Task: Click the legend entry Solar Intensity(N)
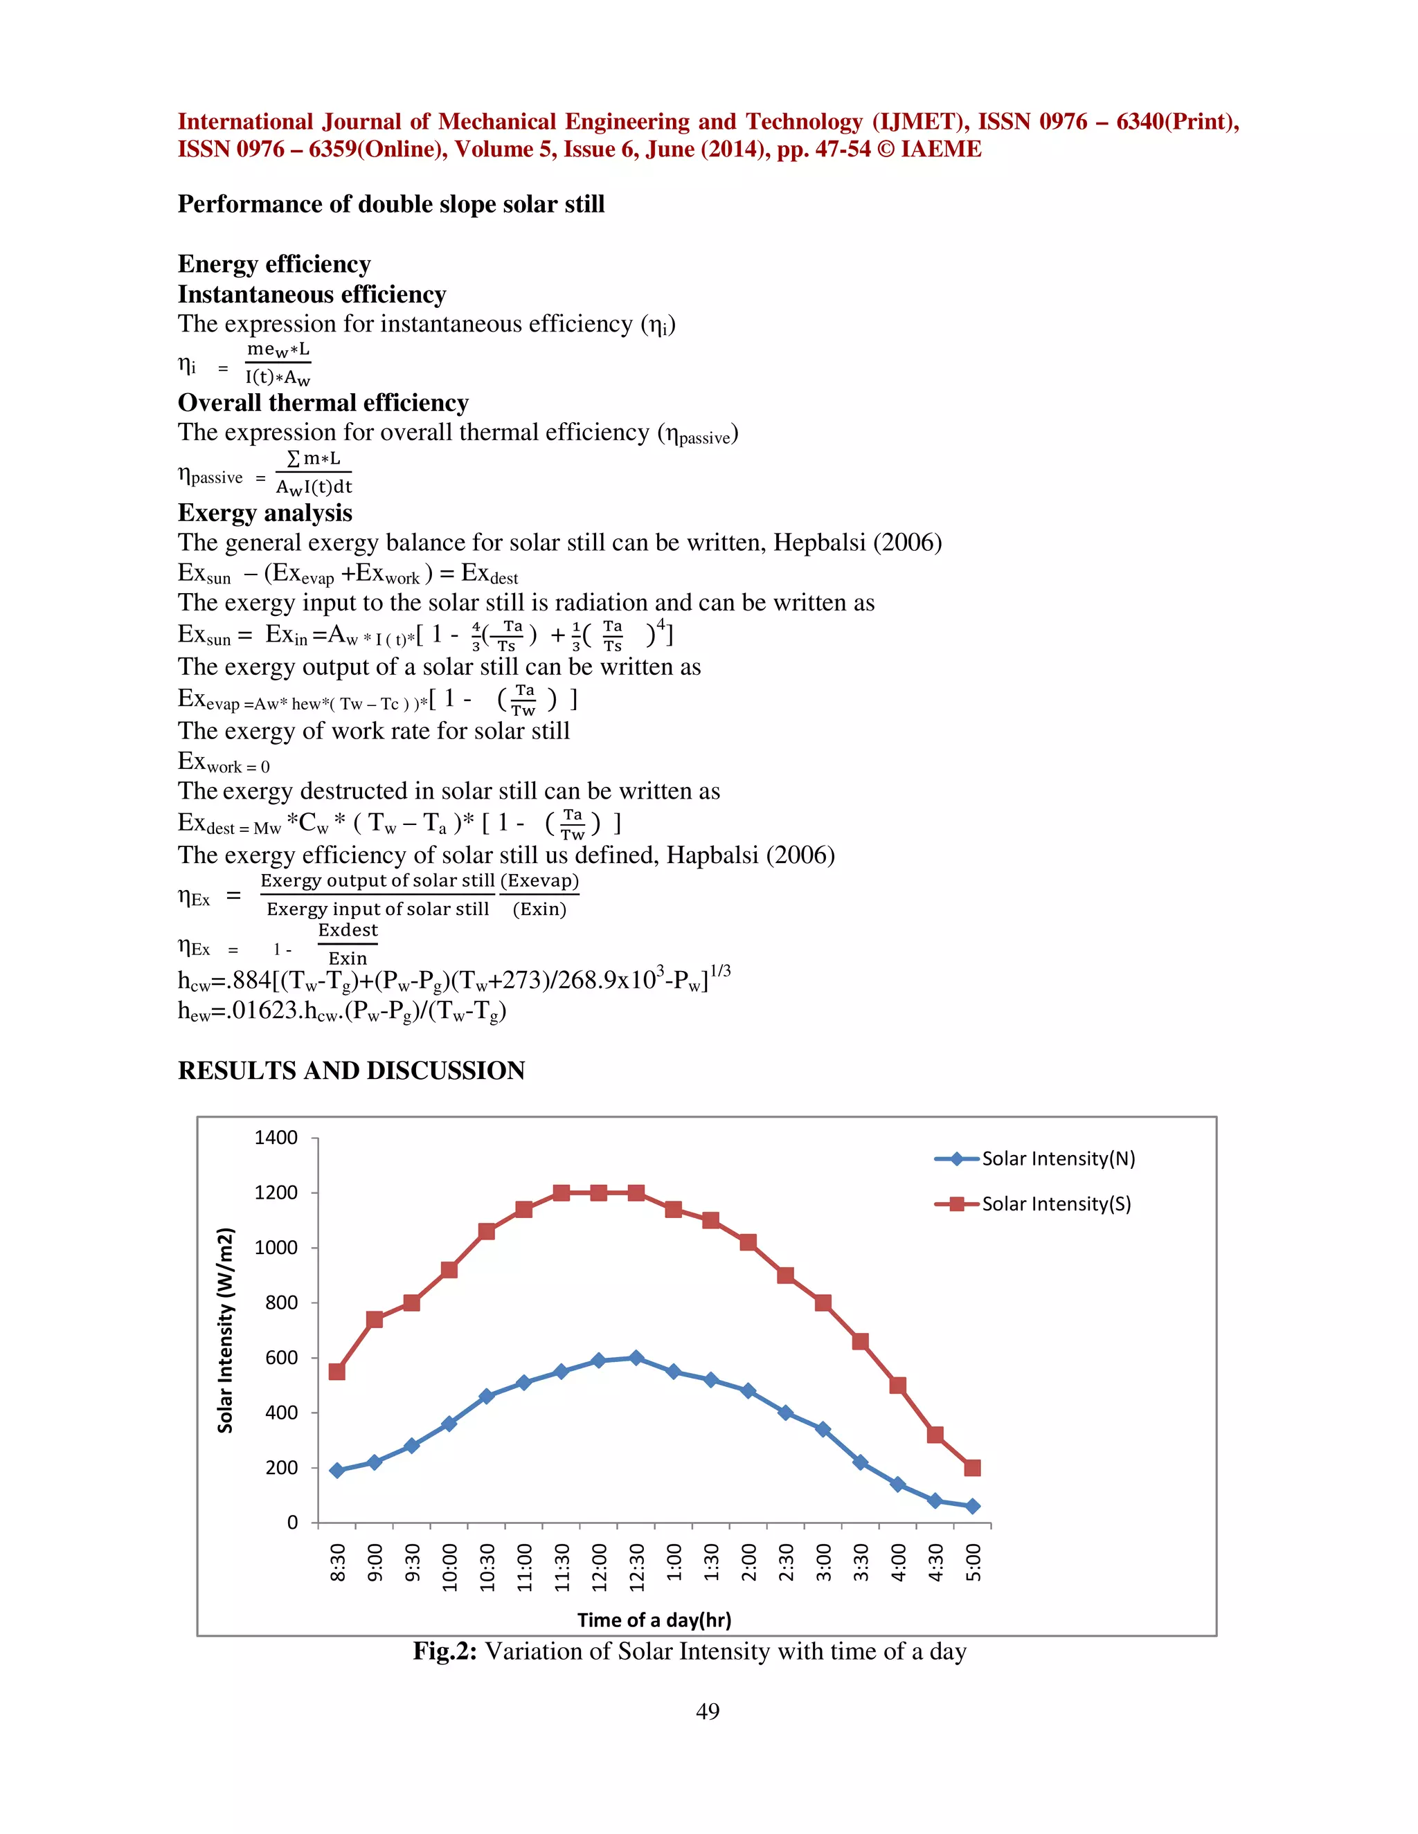point(1058,1159)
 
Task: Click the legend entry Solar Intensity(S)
point(1056,1204)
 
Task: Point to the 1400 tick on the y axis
point(276,1138)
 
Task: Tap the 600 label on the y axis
point(281,1358)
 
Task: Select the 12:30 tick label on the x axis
point(637,1567)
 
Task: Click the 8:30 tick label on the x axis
point(338,1562)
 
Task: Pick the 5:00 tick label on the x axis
point(973,1562)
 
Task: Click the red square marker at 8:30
point(337,1371)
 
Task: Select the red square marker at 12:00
point(599,1192)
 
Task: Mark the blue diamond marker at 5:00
point(973,1507)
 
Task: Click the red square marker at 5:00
point(973,1468)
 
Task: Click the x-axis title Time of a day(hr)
point(654,1621)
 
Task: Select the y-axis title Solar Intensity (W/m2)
point(225,1330)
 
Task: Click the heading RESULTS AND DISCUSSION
point(351,1071)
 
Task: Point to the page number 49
point(708,1711)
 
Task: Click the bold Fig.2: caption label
point(445,1652)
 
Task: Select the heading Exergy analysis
point(264,513)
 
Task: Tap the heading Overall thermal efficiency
point(323,403)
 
